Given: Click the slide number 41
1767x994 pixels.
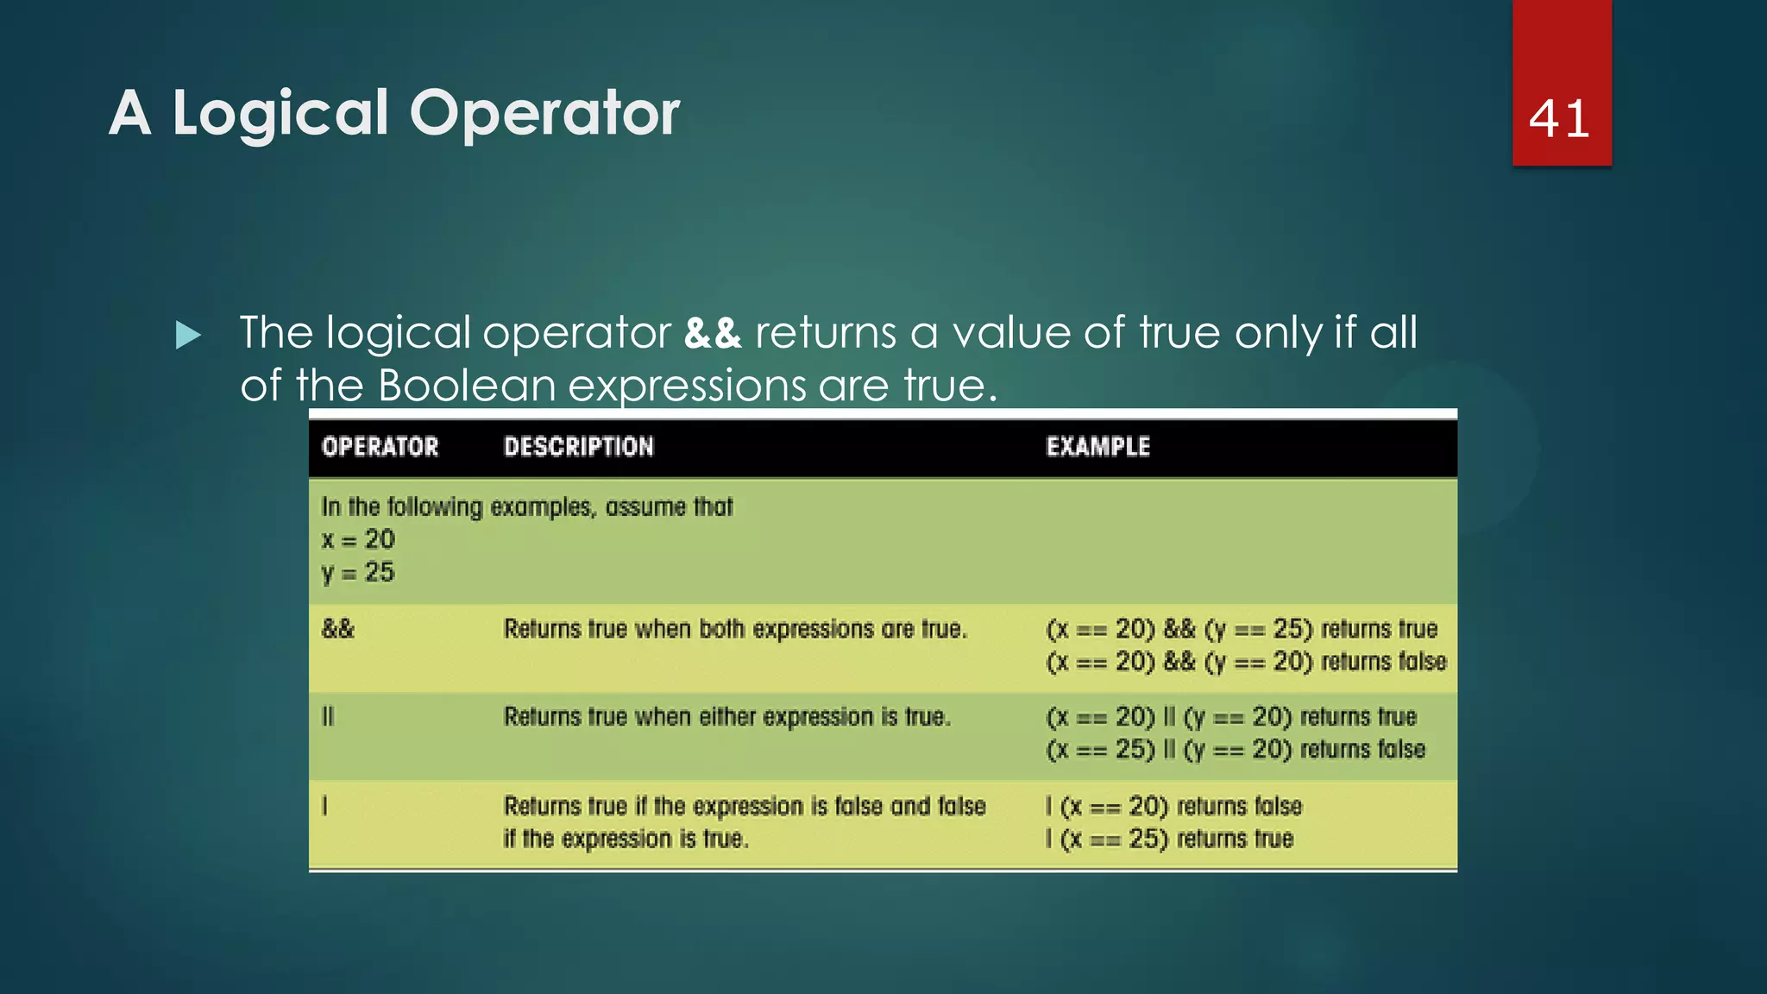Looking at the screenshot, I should (x=1559, y=118).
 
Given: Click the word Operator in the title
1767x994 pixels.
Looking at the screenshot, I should (x=544, y=113).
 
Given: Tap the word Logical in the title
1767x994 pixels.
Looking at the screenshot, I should (x=280, y=113).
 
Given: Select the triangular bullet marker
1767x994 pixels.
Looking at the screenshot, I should (x=188, y=335).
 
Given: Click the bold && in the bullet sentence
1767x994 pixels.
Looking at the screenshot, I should (x=713, y=333).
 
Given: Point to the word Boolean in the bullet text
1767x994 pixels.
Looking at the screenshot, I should (x=467, y=385).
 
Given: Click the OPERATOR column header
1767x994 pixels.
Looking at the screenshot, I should (x=380, y=447).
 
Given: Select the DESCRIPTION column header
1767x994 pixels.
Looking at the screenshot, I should (x=579, y=447).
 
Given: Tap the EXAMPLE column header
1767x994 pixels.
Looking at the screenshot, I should (x=1097, y=447).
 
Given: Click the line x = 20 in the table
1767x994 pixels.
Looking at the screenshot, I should (x=358, y=540).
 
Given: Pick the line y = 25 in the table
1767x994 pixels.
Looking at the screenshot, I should (x=358, y=573).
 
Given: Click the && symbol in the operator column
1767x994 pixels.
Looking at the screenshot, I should (x=338, y=629).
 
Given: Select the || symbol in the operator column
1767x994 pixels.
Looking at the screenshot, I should (x=328, y=717).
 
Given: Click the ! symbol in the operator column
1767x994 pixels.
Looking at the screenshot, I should (x=324, y=806).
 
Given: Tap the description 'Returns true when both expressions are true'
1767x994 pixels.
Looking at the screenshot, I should (x=735, y=629).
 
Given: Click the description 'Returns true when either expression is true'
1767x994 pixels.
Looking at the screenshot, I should (x=727, y=717).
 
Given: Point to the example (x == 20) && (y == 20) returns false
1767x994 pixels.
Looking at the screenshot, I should (x=1246, y=663).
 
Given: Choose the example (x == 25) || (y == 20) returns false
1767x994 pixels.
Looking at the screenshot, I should (x=1236, y=750).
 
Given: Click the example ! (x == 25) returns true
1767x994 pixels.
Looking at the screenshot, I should (x=1169, y=839).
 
